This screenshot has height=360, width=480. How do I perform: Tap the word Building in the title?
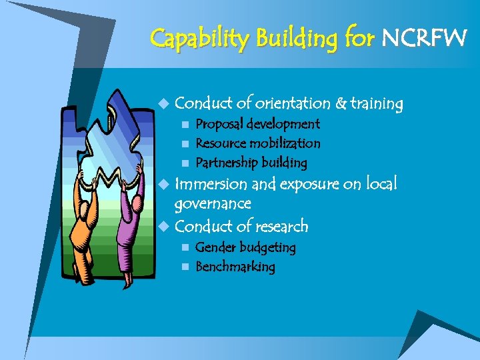293,39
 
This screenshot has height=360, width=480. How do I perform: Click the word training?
377,104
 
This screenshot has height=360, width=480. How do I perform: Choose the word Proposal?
219,124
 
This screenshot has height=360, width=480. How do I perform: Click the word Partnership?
226,163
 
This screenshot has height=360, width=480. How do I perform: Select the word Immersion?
207,183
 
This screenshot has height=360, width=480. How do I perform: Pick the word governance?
212,203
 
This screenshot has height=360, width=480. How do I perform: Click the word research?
282,227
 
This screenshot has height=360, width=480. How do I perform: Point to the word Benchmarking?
235,267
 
